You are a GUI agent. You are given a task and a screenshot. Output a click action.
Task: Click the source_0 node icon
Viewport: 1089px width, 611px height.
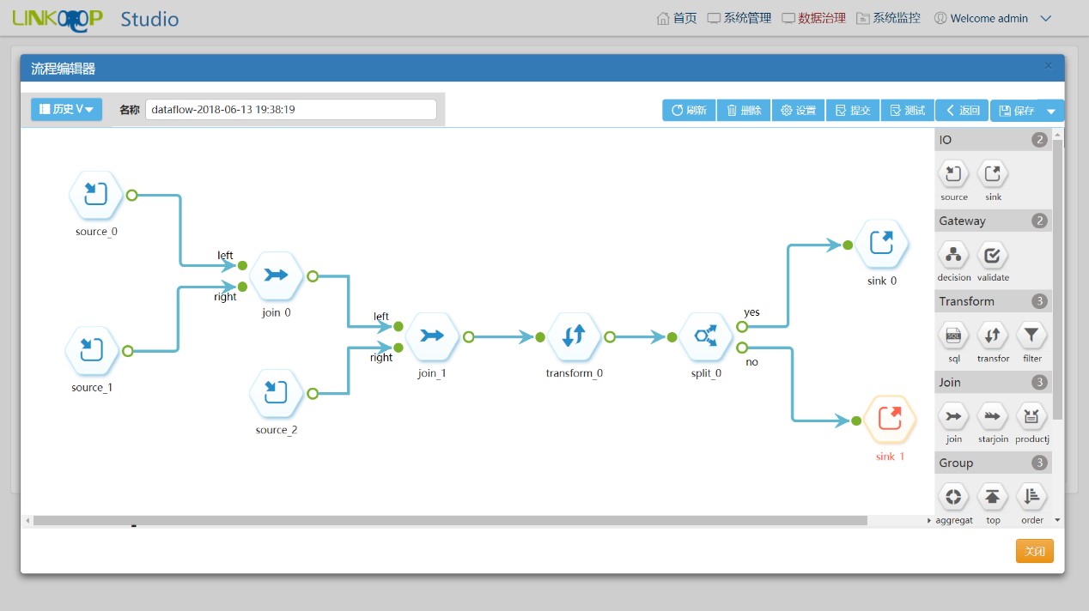[95, 194]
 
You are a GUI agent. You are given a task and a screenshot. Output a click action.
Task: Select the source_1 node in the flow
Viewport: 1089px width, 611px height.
[91, 350]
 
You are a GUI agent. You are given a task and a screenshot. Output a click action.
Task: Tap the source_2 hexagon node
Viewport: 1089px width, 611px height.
[276, 393]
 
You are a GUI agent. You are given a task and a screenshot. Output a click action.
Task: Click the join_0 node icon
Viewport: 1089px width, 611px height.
[277, 275]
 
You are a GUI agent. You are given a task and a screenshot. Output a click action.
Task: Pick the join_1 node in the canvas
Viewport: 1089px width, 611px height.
[432, 336]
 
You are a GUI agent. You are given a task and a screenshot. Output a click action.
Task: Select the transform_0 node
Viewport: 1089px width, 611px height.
[574, 336]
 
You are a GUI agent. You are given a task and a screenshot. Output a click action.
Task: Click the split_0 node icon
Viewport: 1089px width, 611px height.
[705, 336]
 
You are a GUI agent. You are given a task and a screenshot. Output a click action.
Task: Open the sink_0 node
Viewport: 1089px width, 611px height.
[881, 244]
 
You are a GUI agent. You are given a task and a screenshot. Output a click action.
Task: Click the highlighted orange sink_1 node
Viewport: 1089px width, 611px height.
[890, 419]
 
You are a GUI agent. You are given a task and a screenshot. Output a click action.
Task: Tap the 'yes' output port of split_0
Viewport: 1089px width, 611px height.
[742, 326]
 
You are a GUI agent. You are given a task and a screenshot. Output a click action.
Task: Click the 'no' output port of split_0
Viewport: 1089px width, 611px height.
[742, 348]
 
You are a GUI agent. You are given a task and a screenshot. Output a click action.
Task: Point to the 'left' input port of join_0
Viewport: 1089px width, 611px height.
[242, 265]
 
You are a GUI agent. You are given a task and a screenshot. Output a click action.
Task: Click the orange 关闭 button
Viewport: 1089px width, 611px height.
[1035, 551]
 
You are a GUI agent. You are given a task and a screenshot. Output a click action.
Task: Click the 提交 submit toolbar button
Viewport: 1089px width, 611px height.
[853, 110]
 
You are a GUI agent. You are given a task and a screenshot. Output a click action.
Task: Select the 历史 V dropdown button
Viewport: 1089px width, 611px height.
[67, 109]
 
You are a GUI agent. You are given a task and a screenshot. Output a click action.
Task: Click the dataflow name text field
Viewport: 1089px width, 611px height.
[291, 109]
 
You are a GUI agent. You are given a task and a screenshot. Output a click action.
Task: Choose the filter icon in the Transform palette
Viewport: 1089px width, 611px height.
[1031, 336]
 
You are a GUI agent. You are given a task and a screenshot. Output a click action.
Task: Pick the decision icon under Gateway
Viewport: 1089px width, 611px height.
[953, 255]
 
